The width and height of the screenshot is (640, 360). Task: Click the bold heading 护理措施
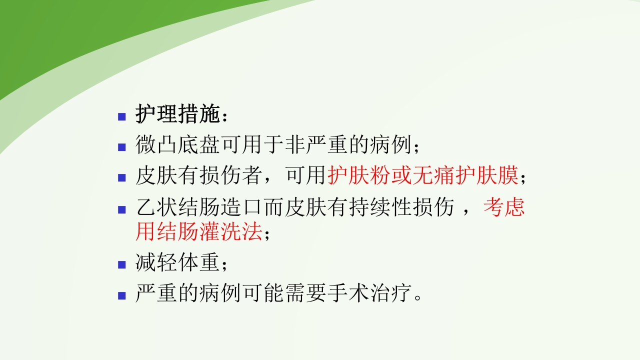click(x=177, y=115)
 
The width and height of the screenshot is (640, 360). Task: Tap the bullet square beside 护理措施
click(x=121, y=117)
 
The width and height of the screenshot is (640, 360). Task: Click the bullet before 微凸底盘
click(x=121, y=147)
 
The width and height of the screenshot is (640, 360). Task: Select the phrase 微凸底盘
click(x=178, y=145)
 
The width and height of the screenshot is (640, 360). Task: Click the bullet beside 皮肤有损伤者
click(x=121, y=177)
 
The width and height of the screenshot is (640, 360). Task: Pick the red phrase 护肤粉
click(x=359, y=175)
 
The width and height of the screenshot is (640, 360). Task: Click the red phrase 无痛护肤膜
click(x=466, y=175)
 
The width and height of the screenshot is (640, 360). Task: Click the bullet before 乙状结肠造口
click(x=121, y=209)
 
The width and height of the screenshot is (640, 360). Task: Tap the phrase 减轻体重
click(x=177, y=263)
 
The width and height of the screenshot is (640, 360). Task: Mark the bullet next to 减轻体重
click(x=121, y=265)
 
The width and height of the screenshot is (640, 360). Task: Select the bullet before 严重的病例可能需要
click(x=121, y=295)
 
